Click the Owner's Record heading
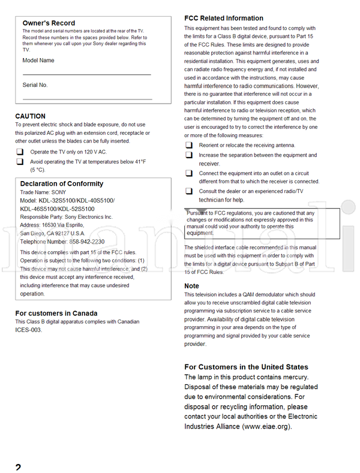coord(49,23)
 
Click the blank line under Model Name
coord(86,74)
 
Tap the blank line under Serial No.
coord(86,98)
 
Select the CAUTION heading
coord(30,116)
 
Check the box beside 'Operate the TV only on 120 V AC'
coord(20,152)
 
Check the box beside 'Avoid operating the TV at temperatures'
coord(20,162)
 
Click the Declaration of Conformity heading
coord(61,183)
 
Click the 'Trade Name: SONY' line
coord(43,192)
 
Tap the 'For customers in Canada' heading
coord(56,313)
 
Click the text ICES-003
coord(28,330)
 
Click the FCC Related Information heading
coord(223,18)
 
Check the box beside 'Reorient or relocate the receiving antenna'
coord(189,145)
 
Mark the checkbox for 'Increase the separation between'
coord(189,155)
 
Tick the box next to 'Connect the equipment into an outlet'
coord(189,173)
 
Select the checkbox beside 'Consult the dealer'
coord(189,191)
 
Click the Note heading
coord(191,286)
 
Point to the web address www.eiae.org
coord(267,427)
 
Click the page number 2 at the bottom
coord(18,467)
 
